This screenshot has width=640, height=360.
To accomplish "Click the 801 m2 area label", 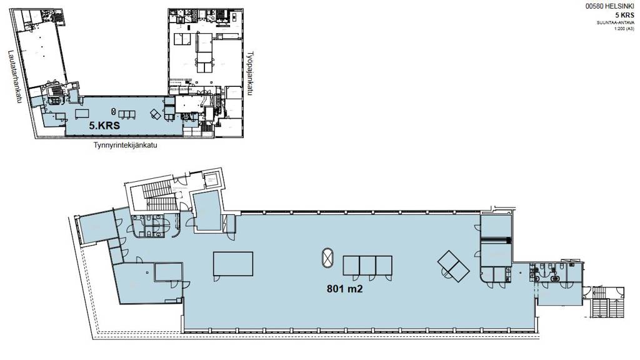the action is tap(344, 289).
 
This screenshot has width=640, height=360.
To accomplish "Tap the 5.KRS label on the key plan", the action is tap(104, 126).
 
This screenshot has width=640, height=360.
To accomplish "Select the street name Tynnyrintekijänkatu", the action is tap(125, 145).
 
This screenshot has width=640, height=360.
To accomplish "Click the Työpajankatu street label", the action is tap(250, 74).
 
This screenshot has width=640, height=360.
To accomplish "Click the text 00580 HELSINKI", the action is tap(610, 6).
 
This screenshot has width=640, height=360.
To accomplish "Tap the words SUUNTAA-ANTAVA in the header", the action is tap(616, 23).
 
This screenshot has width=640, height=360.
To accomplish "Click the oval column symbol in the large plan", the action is tap(327, 258).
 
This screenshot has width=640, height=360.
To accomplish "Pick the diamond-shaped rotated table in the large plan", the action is tap(453, 266).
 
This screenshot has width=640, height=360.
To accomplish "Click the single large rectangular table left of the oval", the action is tap(233, 264).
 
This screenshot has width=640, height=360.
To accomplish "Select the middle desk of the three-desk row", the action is tap(367, 265).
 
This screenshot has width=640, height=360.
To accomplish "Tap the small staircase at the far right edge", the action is tap(607, 302).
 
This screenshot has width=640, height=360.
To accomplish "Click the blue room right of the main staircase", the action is tap(207, 211).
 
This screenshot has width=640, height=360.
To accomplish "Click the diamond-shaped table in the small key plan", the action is tap(155, 114).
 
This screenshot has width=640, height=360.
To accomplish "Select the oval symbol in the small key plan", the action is tap(114, 111).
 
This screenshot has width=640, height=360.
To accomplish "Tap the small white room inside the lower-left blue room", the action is tap(167, 272).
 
